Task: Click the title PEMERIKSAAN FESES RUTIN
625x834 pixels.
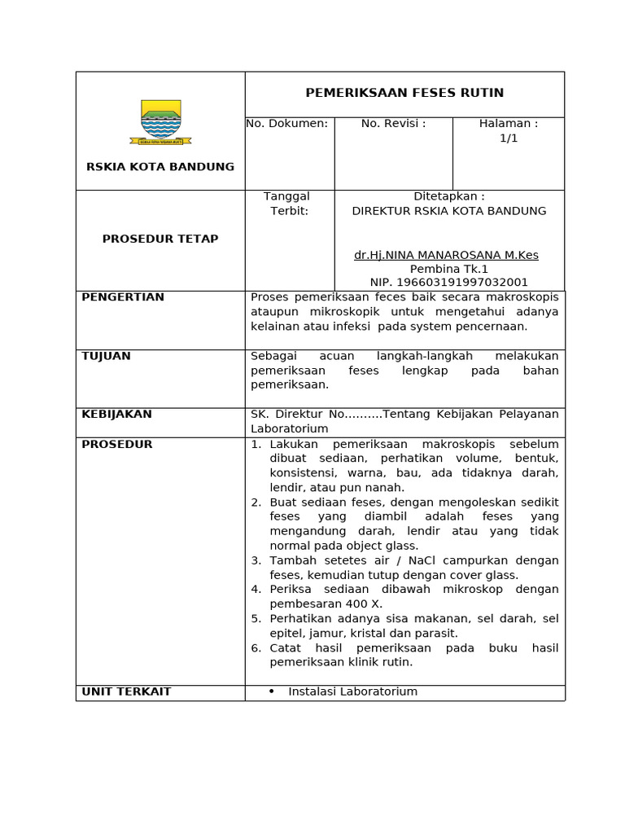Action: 404,93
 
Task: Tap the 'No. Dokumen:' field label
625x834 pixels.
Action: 287,124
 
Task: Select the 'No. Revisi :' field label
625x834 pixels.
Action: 394,124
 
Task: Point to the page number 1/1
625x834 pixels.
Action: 509,138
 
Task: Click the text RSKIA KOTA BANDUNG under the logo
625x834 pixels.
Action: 160,167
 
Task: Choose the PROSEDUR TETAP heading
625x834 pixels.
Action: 160,239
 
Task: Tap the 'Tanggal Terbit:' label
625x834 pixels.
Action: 287,204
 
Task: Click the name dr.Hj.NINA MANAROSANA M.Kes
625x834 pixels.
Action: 446,255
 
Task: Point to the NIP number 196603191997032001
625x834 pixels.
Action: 449,283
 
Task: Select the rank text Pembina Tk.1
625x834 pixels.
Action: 449,269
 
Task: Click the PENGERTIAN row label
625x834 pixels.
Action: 123,297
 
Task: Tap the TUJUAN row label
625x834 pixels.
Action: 107,356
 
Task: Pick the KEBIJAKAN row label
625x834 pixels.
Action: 116,415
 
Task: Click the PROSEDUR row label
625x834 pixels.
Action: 117,444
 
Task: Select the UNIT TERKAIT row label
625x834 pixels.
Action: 126,691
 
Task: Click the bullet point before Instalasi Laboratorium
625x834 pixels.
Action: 271,691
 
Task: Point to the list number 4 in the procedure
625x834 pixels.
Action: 256,589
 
